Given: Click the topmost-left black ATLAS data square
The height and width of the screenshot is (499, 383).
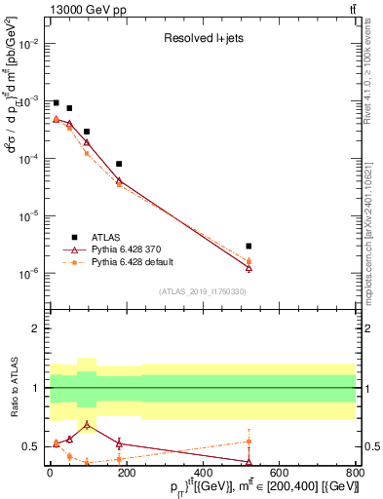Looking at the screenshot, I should (56, 102).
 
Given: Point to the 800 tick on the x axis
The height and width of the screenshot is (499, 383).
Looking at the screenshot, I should (356, 475).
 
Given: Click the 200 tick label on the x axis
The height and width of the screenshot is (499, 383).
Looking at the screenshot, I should (126, 475).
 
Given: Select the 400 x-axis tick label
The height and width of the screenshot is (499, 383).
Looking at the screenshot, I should (203, 475).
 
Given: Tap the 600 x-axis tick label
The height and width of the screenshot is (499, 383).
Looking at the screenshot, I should (280, 475).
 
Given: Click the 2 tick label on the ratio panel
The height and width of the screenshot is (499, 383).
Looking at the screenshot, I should (36, 328).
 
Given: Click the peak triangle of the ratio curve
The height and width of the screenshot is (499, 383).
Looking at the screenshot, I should (89, 425).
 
